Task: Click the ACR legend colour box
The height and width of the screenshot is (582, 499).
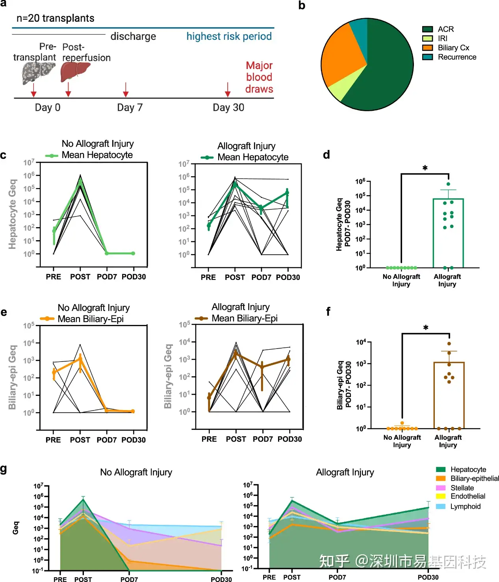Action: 427,29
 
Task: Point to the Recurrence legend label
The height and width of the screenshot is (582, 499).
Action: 457,57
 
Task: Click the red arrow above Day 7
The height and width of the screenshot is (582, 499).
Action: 126,90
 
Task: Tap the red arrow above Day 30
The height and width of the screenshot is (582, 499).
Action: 228,90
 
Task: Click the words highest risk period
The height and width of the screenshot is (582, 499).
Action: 229,36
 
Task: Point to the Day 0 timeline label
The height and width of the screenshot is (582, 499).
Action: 48,108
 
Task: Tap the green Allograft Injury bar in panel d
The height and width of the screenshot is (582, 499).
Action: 448,233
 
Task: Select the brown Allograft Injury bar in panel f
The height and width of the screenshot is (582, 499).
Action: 449,394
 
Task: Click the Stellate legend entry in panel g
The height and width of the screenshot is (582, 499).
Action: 462,488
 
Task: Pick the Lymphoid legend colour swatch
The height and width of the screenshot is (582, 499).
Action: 441,506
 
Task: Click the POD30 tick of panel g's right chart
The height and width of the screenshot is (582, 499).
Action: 428,577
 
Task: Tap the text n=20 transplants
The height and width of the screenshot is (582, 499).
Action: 56,19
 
